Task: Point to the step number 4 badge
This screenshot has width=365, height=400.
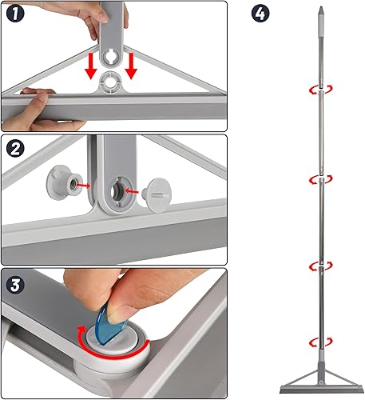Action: click(258, 14)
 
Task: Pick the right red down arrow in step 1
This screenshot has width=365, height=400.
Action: click(133, 66)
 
